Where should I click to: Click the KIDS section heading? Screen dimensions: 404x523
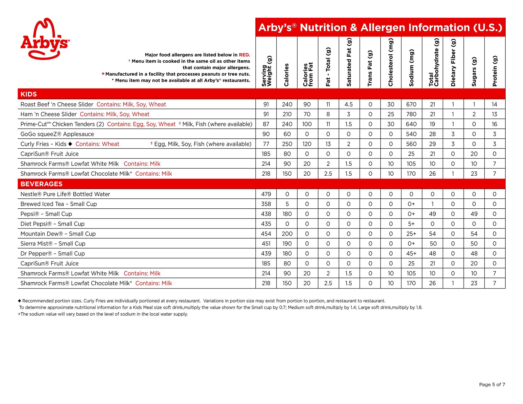[x=29, y=94]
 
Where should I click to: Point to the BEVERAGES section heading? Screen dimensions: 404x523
[x=41, y=184]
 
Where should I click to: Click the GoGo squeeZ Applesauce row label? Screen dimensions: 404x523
[x=57, y=134]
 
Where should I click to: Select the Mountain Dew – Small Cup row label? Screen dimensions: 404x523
[x=58, y=234]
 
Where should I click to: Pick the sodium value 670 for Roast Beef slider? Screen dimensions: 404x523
[x=411, y=104]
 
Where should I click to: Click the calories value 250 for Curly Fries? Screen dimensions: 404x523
[x=287, y=144]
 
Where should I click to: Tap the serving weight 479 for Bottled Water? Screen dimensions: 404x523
[x=266, y=194]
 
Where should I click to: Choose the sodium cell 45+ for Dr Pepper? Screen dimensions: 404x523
[x=411, y=254]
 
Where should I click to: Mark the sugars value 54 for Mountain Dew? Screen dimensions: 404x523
[x=474, y=234]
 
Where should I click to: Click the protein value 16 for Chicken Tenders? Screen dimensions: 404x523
[x=494, y=124]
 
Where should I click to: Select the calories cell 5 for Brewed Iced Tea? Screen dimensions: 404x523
[x=287, y=204]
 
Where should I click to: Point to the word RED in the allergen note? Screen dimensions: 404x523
[x=244, y=55]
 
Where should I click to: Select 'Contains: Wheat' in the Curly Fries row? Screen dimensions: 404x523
[x=97, y=144]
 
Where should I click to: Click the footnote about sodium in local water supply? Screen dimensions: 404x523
[x=103, y=314]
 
